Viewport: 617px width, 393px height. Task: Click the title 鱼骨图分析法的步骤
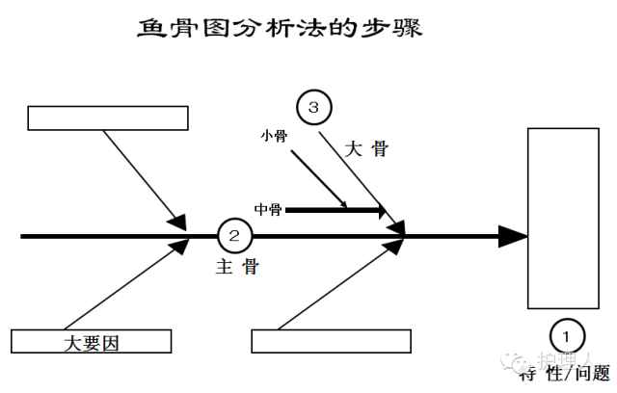point(281,28)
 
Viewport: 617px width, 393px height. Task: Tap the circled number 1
point(566,335)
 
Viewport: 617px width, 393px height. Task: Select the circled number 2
point(236,235)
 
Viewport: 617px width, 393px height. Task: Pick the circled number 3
point(313,108)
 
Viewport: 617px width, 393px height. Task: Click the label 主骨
point(236,267)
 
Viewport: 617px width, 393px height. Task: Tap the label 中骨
point(268,209)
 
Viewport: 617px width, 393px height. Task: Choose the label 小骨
point(274,136)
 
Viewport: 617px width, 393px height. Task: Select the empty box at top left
point(107,118)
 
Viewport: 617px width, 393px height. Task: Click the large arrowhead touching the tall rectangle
point(513,235)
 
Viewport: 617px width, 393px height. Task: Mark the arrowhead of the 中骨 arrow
point(380,210)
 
